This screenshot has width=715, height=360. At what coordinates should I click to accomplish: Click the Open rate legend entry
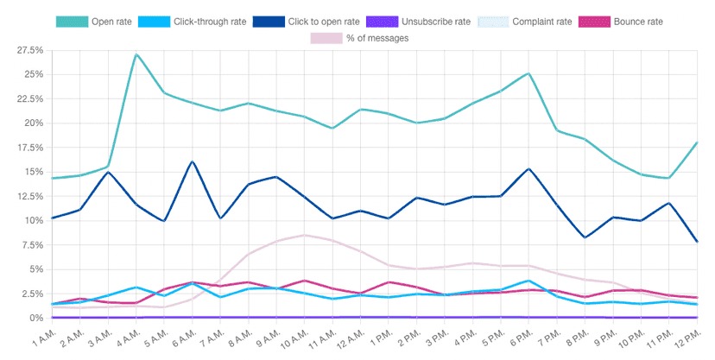pos(94,20)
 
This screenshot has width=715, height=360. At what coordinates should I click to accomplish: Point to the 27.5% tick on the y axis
pos(29,51)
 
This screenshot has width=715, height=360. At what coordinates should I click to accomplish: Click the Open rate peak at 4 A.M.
pos(136,54)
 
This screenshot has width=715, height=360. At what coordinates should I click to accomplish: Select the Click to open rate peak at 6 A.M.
pos(192,161)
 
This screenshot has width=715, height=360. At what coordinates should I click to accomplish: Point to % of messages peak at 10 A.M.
pos(304,235)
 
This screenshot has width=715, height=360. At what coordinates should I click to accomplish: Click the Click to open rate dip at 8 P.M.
pos(584,237)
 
